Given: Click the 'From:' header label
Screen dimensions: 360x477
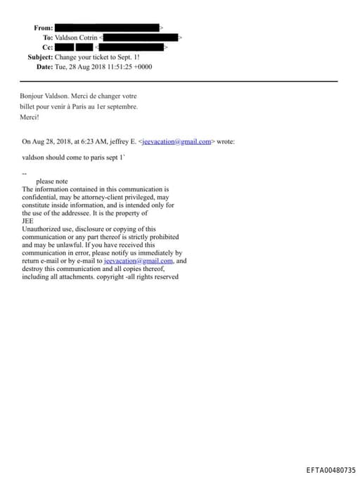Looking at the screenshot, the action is click(43, 27).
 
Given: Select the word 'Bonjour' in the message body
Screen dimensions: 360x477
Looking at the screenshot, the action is click(33, 96).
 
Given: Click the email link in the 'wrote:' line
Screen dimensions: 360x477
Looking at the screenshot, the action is click(174, 141).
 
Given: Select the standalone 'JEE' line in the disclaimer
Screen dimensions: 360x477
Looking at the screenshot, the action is click(28, 221).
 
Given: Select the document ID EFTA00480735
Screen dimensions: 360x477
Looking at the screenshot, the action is click(330, 469).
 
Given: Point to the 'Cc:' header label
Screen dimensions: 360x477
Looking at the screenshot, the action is click(47, 47).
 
